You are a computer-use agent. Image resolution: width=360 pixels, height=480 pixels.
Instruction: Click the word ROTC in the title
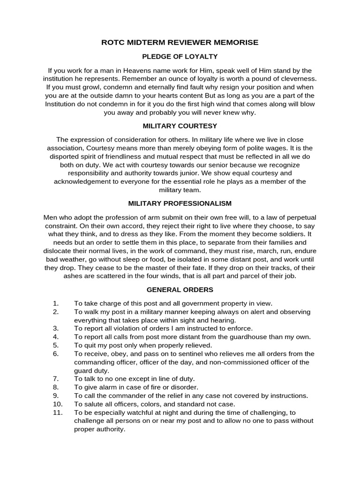click(x=112, y=42)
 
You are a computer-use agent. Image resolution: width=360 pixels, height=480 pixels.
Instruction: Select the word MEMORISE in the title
click(x=234, y=42)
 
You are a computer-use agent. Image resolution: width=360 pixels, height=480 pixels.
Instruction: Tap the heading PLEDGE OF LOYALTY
click(x=180, y=56)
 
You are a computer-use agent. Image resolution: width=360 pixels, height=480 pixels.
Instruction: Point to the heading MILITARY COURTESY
click(x=180, y=126)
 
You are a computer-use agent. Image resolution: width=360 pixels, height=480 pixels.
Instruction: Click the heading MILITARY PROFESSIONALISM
click(x=180, y=203)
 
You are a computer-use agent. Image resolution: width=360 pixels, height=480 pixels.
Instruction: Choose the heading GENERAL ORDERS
click(x=180, y=290)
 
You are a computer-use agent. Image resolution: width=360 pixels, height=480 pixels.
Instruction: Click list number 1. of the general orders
click(x=56, y=303)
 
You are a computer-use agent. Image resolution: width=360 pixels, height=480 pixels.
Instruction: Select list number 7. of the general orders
click(x=56, y=378)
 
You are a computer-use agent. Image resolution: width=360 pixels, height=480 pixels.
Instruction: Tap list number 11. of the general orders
click(x=57, y=412)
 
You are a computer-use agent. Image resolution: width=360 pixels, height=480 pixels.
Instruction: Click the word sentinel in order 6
click(x=168, y=353)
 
